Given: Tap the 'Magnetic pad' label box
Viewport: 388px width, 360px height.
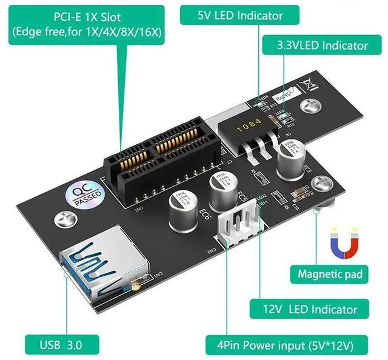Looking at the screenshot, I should tap(330, 275).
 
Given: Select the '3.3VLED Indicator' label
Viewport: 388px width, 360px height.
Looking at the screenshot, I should tap(322, 45).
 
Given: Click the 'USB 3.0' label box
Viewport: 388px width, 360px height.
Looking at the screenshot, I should tap(61, 345).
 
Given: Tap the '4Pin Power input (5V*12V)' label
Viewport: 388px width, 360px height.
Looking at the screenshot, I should tap(289, 345).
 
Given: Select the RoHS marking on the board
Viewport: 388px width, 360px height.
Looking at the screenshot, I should tap(283, 95).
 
